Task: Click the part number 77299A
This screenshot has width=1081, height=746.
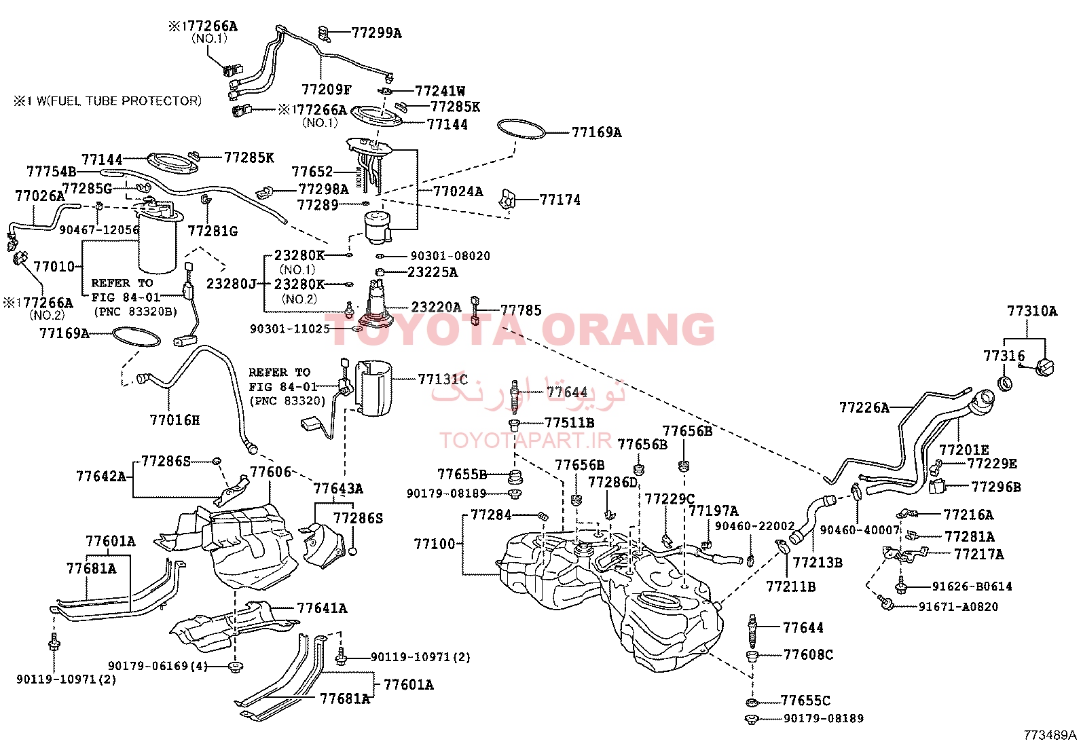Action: [x=376, y=33]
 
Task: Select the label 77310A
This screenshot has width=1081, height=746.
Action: [x=1032, y=312]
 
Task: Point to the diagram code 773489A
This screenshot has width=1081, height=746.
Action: [x=1050, y=735]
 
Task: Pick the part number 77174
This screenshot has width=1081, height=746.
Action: [x=560, y=200]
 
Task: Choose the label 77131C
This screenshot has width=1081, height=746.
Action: [x=443, y=379]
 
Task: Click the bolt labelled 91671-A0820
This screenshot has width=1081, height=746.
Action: [x=886, y=603]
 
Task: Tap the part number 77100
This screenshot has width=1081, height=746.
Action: [x=435, y=544]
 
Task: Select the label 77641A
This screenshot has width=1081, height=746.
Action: [x=322, y=608]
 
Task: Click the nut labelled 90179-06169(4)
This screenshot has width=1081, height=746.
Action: [x=236, y=667]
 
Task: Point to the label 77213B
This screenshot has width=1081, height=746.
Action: [x=818, y=562]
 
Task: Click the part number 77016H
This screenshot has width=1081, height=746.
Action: [x=175, y=419]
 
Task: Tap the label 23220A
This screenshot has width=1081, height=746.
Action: [x=436, y=307]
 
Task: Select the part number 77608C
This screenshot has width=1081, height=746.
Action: [x=808, y=654]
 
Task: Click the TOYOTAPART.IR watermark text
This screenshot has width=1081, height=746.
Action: [x=526, y=440]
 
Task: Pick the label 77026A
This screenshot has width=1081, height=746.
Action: [x=39, y=196]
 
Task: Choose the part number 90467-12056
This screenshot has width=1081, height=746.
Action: [x=99, y=230]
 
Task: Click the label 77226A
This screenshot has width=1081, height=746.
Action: [x=864, y=408]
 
